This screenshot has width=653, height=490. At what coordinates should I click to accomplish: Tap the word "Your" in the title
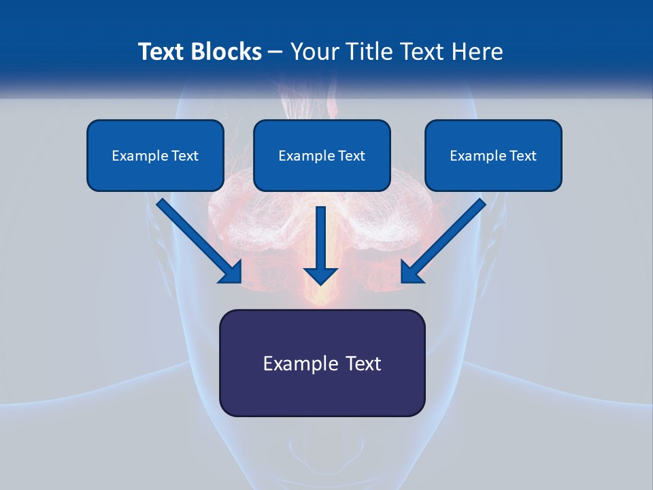pyautogui.click(x=316, y=52)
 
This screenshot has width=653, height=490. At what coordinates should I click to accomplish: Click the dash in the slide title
pyautogui.click(x=276, y=52)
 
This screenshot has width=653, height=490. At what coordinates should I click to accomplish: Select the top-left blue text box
pyautogui.click(x=155, y=155)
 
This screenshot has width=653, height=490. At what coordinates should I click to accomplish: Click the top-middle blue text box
pyautogui.click(x=322, y=155)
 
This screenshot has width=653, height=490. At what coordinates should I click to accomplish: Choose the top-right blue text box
pyautogui.click(x=493, y=155)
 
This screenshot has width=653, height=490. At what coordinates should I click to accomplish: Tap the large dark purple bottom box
pyautogui.click(x=322, y=363)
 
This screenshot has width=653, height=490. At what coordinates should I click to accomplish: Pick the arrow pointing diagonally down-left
pyautogui.click(x=443, y=240)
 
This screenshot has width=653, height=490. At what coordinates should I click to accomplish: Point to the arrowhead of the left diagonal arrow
pyautogui.click(x=231, y=272)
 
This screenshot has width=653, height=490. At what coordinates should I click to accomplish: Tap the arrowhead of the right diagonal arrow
pyautogui.click(x=411, y=272)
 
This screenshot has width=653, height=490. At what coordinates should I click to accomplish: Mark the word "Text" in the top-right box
pyautogui.click(x=522, y=156)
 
